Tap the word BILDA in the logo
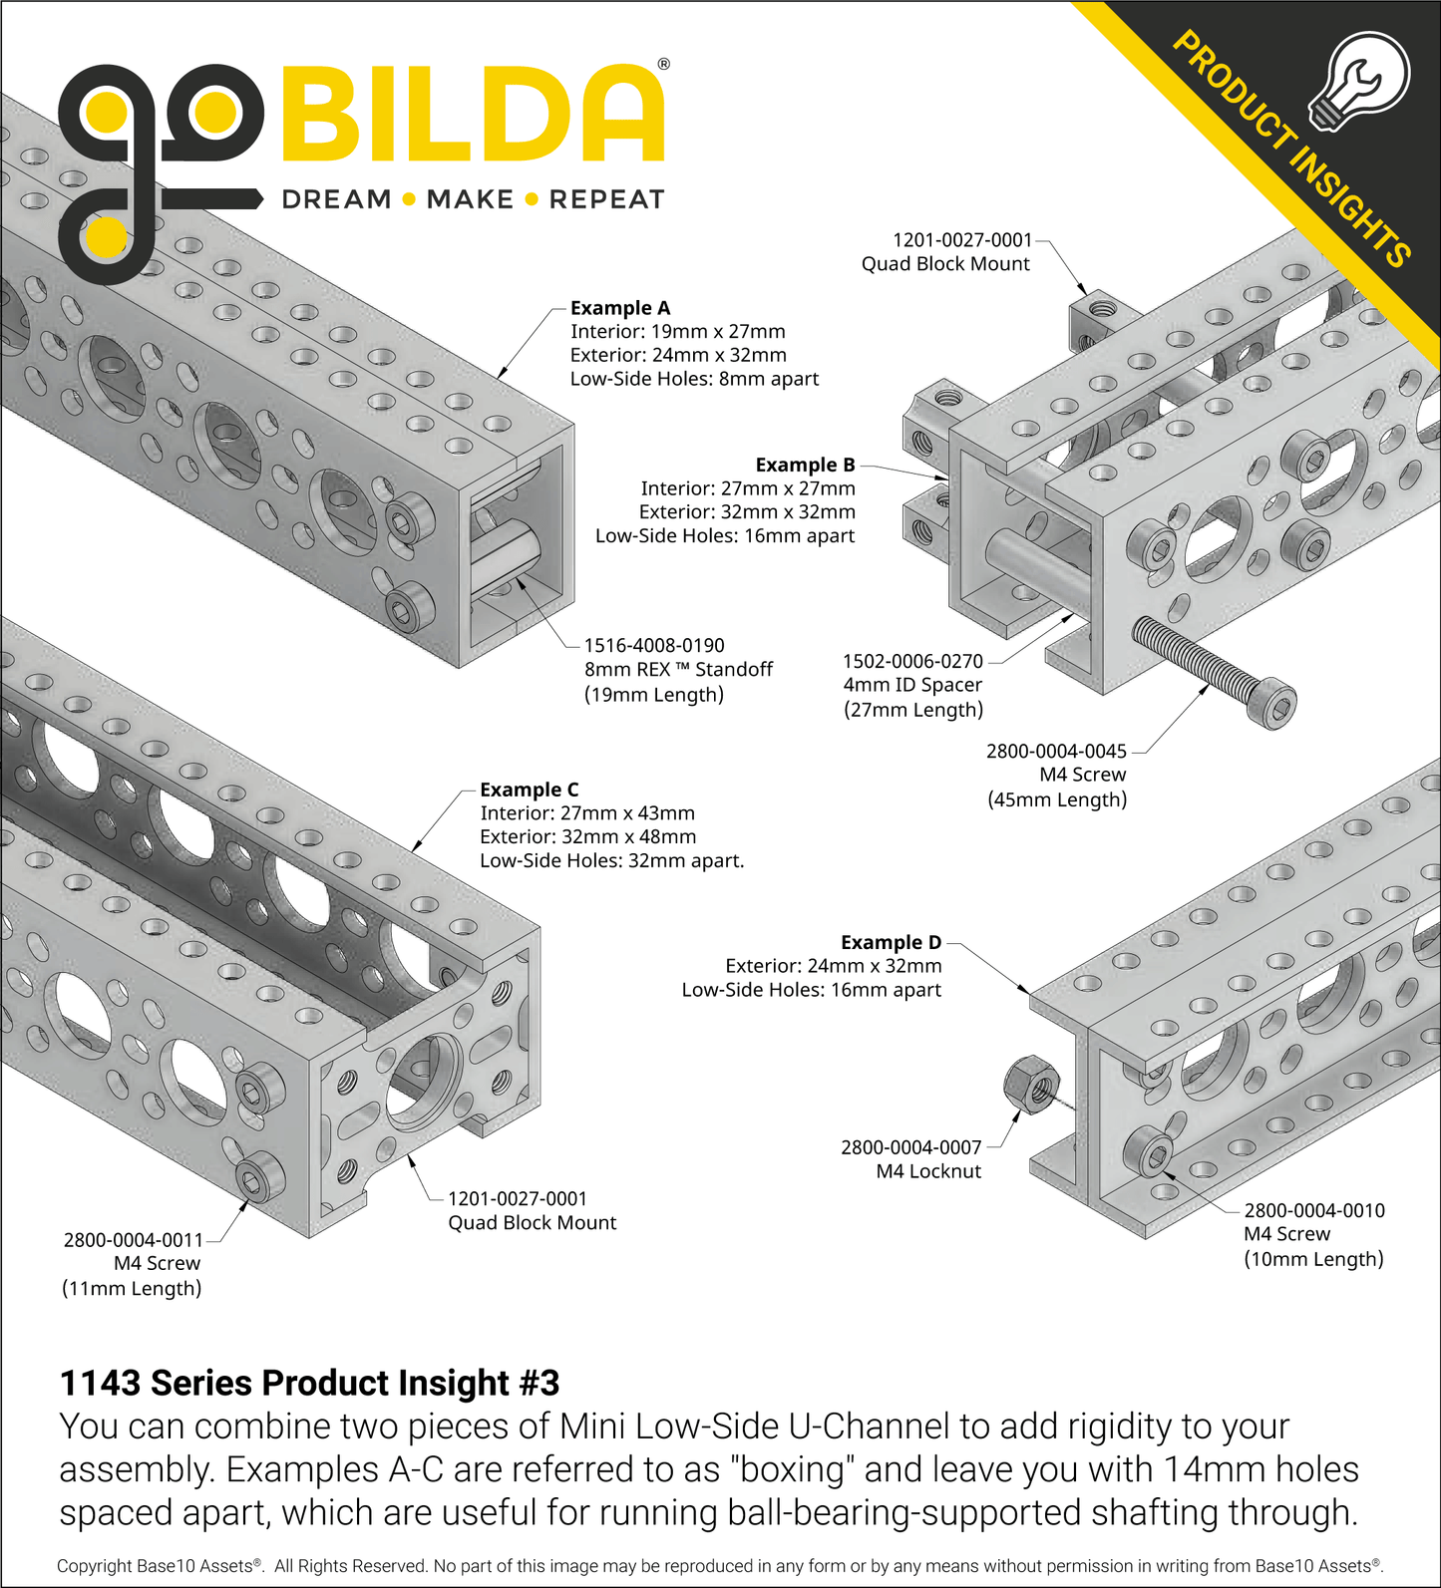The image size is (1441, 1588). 474,115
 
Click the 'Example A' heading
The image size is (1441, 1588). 619,308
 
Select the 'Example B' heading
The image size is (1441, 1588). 805,465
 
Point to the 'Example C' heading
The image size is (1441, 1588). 529,790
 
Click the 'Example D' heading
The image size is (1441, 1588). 891,942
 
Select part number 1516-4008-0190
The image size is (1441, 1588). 654,646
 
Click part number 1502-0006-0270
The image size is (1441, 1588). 912,661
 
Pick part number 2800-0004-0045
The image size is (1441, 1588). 1056,751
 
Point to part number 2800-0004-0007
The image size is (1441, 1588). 910,1147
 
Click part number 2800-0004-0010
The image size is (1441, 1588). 1314,1210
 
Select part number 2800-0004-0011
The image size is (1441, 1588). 133,1240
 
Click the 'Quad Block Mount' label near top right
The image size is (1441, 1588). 945,264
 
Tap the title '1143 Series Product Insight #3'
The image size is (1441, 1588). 309,1383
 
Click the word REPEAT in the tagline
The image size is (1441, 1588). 606,200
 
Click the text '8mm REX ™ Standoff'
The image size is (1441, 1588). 678,670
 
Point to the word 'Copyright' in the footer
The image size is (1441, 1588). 94,1566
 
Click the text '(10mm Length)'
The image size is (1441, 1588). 1313,1259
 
